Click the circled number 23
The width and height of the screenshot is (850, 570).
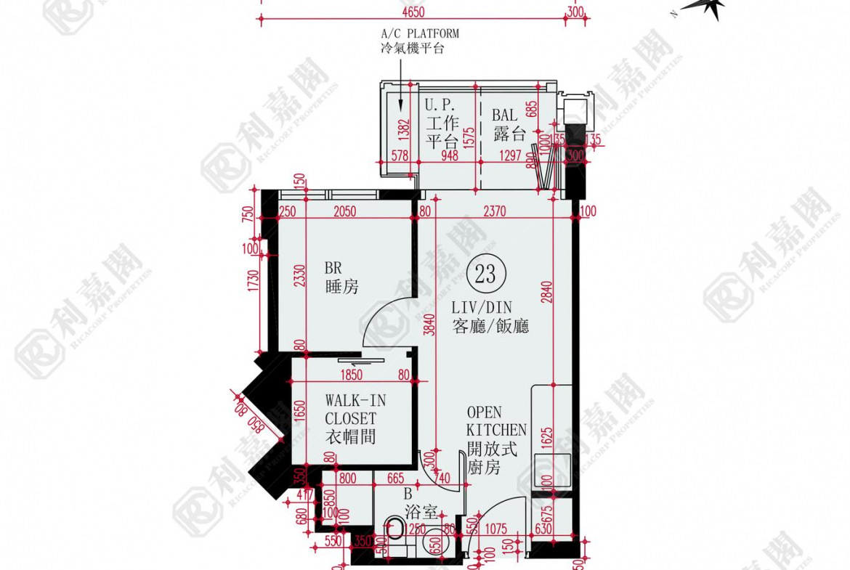485,274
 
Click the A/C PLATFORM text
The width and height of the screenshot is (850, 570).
420,33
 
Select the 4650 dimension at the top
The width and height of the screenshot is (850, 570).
412,12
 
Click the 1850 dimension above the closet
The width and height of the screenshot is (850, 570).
350,375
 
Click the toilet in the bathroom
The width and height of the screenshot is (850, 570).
394,528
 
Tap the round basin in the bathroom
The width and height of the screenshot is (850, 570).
433,541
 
